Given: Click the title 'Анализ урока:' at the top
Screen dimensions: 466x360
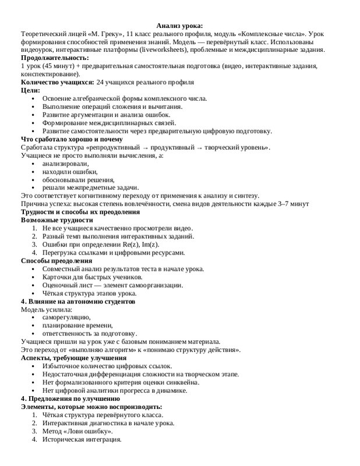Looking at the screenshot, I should (179, 26).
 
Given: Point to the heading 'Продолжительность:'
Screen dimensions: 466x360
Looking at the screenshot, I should (55, 58).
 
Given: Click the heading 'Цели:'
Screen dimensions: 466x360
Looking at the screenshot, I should (30, 90).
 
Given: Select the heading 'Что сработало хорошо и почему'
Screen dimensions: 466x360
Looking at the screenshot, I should (72, 139).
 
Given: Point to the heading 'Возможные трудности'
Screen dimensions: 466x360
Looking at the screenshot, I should (57, 220).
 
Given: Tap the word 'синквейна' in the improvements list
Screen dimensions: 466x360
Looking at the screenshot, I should (181, 382).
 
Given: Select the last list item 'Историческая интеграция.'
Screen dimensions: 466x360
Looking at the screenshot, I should (82, 439).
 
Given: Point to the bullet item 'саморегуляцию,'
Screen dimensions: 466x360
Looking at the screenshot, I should (66, 317).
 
